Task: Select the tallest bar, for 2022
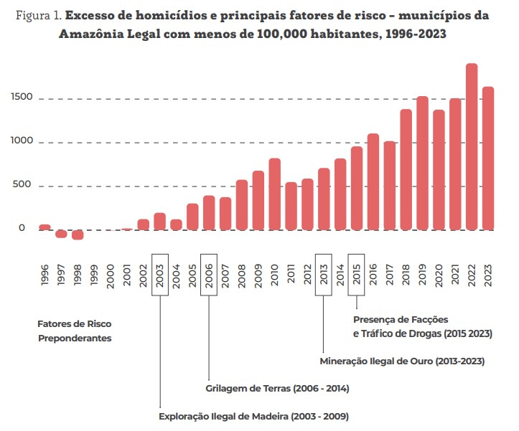(472, 147)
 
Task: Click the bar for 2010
(274, 194)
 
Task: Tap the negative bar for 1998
(78, 235)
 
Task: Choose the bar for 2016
(373, 182)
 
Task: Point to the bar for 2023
(488, 158)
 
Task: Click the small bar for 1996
(45, 227)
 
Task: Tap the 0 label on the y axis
(22, 229)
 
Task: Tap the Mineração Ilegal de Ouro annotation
(401, 361)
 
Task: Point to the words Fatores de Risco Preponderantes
(75, 331)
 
